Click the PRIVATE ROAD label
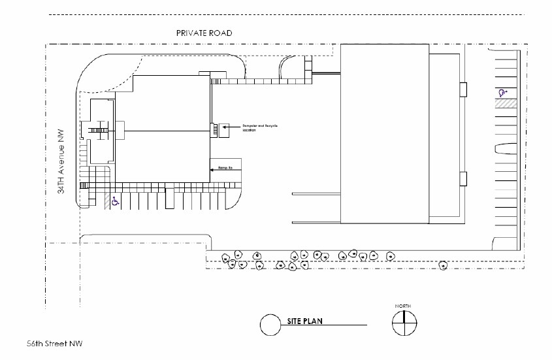point(203,33)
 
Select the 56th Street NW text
point(54,343)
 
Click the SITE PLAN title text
point(304,321)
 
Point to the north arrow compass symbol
point(403,323)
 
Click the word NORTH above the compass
point(403,306)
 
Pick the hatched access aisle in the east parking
point(505,103)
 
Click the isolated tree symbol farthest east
point(442,265)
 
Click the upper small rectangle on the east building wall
point(463,90)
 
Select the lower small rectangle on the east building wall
point(463,178)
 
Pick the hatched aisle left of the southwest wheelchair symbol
point(106,201)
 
